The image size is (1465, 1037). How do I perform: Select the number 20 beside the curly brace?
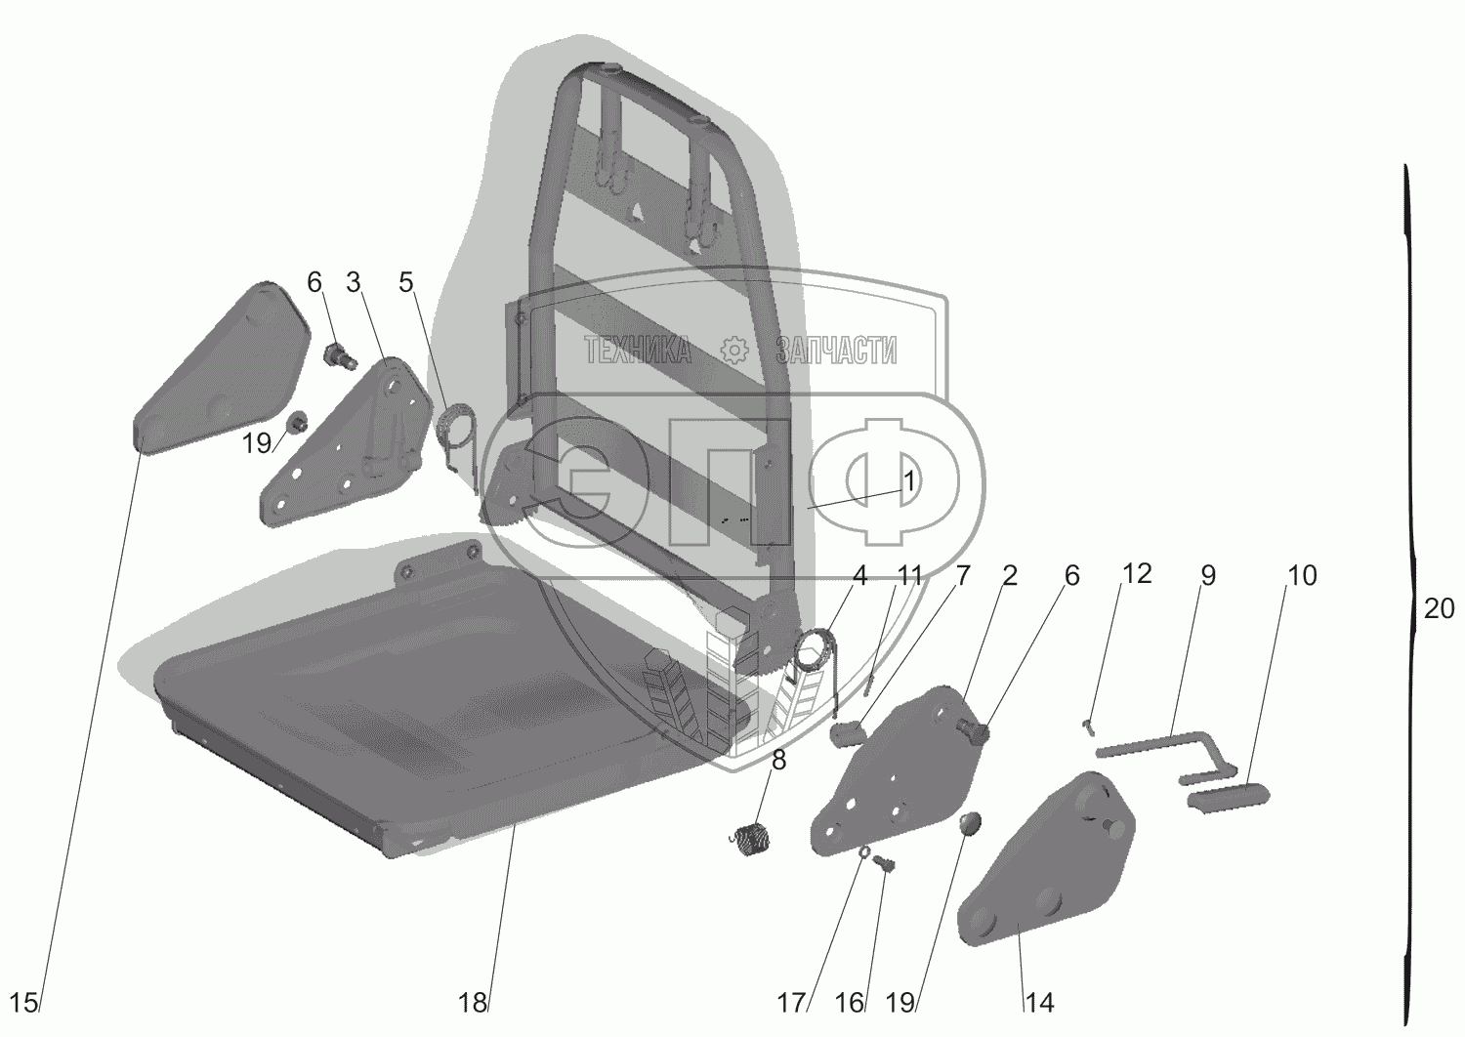(x=1439, y=608)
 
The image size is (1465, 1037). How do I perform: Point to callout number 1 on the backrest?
(x=908, y=481)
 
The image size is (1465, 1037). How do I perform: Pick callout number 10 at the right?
(x=1302, y=575)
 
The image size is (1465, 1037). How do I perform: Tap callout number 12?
(x=1137, y=573)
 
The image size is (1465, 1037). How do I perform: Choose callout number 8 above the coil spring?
(x=778, y=760)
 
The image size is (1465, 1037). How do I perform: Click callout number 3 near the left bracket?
(x=354, y=282)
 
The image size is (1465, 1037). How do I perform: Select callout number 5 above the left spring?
(x=406, y=282)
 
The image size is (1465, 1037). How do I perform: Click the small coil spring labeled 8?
(x=751, y=840)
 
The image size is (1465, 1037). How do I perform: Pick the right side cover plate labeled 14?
(x=1046, y=868)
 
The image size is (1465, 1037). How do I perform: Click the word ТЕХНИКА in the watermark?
(x=637, y=351)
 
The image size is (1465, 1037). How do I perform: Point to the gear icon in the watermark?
(x=733, y=351)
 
